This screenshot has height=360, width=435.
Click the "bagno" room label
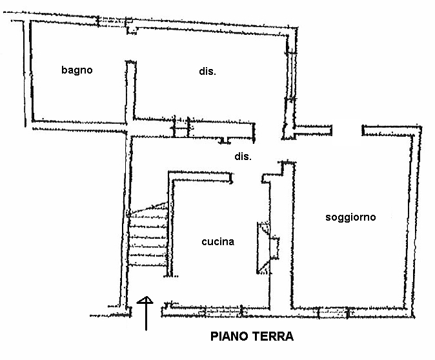77,70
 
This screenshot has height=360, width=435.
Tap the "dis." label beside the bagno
207,72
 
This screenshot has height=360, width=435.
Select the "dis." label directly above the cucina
243,157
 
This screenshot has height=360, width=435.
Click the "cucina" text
217,242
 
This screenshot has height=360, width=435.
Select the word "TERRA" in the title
274,336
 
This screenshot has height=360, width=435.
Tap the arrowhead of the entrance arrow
147,301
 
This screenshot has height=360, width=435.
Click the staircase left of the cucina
148,239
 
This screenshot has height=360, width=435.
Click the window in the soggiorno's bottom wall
334,314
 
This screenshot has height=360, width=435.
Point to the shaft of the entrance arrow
147,317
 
